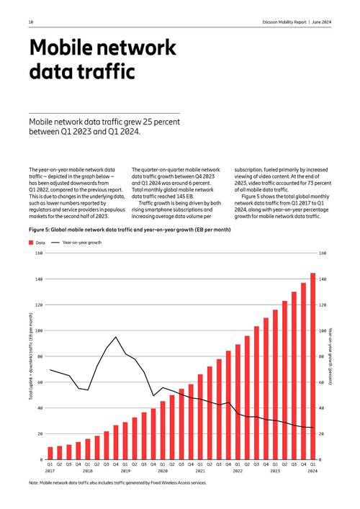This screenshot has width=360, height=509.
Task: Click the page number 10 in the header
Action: [31, 22]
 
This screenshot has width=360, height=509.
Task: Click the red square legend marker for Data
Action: [32, 243]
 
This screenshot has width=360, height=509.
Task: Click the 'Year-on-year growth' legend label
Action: [82, 243]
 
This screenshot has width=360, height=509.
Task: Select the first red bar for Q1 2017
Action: [50, 453]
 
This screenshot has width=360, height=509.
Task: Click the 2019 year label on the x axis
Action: [125, 471]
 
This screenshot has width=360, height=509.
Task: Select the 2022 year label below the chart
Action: [238, 471]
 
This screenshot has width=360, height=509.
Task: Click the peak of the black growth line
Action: [116, 336]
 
